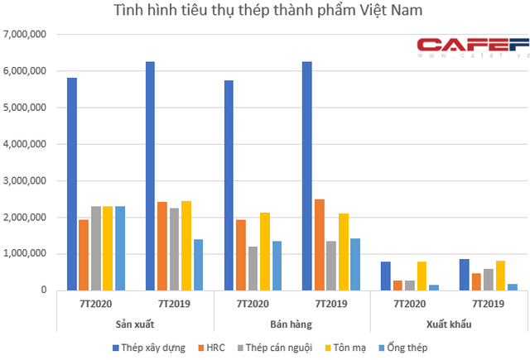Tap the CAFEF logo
(471, 46)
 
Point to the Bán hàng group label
(292, 323)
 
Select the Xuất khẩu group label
(448, 323)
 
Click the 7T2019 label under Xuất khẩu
(487, 303)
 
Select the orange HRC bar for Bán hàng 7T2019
(318, 244)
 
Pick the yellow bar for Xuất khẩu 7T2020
(422, 276)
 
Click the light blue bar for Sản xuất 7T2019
(198, 265)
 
